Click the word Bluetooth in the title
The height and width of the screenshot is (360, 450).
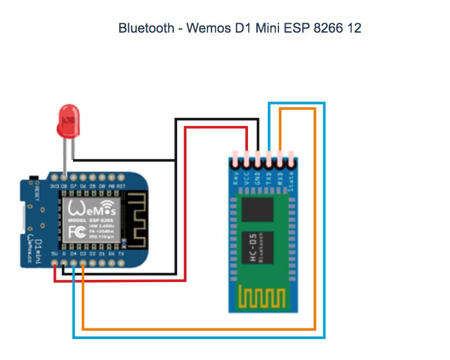pos(146,28)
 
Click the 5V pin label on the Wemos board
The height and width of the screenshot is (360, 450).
pos(54,254)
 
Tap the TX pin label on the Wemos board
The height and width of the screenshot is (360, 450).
pos(121,254)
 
